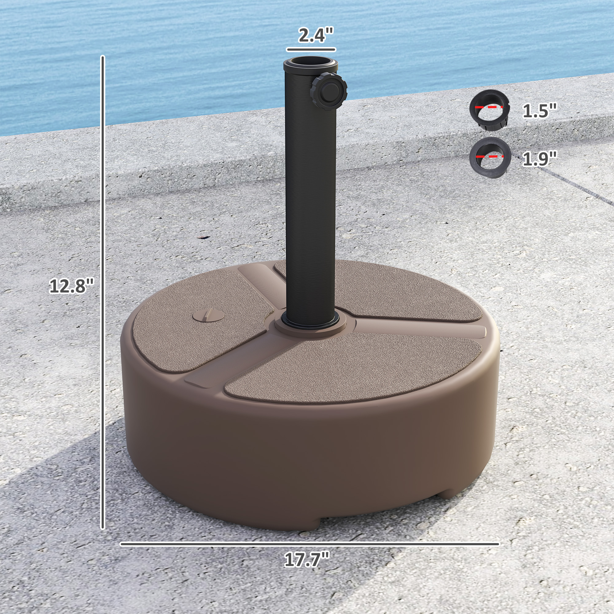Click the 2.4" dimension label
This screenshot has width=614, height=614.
pyautogui.click(x=316, y=35)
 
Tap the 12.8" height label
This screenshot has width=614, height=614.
pyautogui.click(x=72, y=286)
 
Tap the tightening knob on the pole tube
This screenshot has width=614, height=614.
pyautogui.click(x=328, y=91)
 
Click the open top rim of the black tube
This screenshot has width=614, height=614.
pyautogui.click(x=311, y=62)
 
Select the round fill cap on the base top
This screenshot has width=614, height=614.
pyautogui.click(x=208, y=316)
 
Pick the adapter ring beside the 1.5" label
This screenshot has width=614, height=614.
pyautogui.click(x=490, y=110)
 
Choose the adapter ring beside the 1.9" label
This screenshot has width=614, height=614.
pyautogui.click(x=490, y=157)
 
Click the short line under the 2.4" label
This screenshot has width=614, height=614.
pyautogui.click(x=311, y=49)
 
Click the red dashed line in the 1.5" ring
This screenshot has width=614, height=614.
pyautogui.click(x=489, y=107)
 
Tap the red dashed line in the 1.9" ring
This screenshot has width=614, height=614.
pyautogui.click(x=490, y=156)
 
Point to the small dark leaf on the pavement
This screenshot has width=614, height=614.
pyautogui.click(x=204, y=237)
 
